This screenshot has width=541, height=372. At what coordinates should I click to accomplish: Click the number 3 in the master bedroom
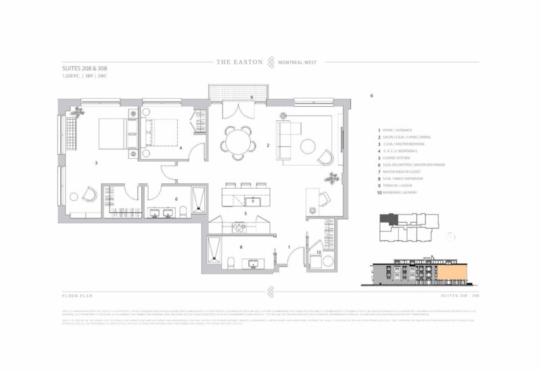pos(97,162)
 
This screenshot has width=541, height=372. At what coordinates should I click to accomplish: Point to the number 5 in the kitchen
pos(245,214)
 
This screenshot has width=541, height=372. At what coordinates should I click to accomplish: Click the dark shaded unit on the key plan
pos(388,220)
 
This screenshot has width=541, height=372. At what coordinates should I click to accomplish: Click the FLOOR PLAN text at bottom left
pos(75,296)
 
